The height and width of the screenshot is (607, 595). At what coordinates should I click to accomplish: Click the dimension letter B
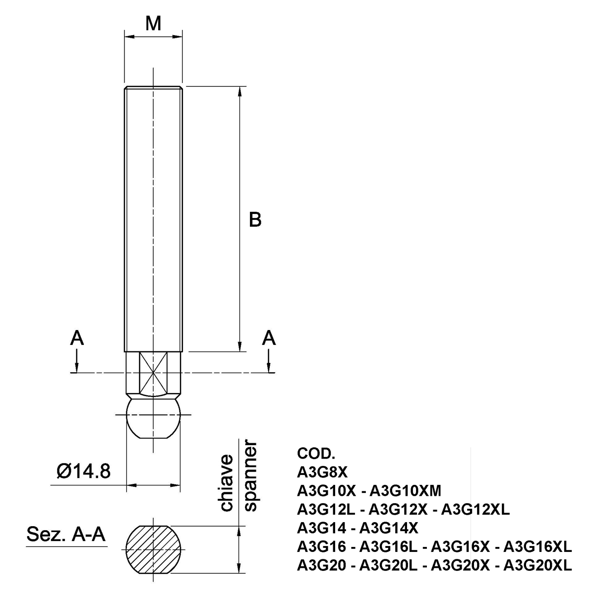[255, 219]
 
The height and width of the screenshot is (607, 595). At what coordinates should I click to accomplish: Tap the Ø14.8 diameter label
[83, 471]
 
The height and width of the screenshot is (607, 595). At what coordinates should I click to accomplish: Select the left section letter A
[76, 338]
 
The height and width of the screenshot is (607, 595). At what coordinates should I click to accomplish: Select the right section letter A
[269, 338]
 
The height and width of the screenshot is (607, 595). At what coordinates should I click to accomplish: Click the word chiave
[227, 482]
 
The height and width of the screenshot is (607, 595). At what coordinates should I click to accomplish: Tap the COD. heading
[316, 454]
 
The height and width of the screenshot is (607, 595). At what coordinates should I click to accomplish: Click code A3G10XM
[406, 491]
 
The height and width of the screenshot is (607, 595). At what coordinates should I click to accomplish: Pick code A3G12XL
[475, 509]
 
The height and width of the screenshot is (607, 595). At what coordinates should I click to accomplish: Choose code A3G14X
[388, 528]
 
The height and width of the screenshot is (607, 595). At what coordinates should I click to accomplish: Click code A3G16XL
[537, 546]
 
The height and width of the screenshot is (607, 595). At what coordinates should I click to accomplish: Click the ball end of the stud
[154, 418]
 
